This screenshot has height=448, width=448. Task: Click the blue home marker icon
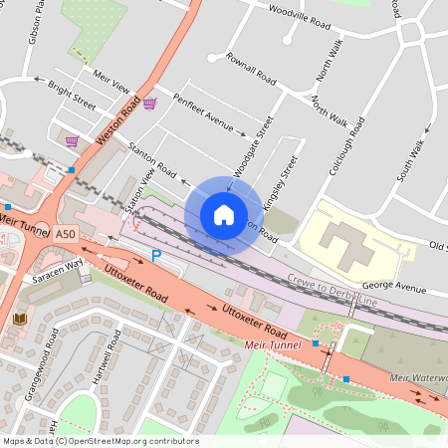pyautogui.click(x=224, y=214)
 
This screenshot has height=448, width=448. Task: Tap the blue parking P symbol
pyautogui.click(x=155, y=257)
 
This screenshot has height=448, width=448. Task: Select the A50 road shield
pyautogui.click(x=65, y=234)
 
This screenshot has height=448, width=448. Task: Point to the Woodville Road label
pyautogui.click(x=300, y=14)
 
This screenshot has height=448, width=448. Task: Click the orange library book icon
pyautogui.click(x=19, y=319)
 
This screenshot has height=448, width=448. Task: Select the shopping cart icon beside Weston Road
pyautogui.click(x=149, y=103)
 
